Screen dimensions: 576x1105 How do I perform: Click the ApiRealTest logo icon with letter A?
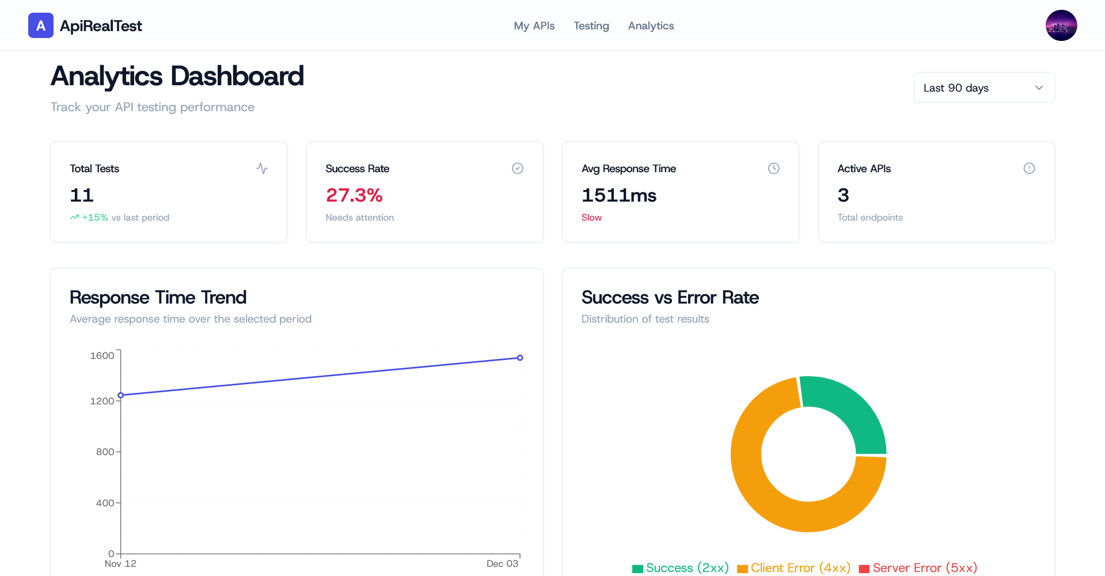[x=40, y=25]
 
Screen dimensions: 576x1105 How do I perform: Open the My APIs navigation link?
[x=534, y=26]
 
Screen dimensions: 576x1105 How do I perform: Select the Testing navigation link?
[x=591, y=26]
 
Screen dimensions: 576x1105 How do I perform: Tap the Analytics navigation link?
[x=651, y=26]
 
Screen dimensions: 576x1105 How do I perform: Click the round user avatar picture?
[x=1061, y=25]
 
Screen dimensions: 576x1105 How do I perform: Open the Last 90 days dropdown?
[x=984, y=88]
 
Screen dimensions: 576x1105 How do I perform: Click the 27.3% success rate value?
[x=354, y=195]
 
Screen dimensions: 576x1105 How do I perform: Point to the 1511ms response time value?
[x=618, y=195]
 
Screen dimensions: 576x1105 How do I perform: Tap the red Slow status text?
[x=591, y=217]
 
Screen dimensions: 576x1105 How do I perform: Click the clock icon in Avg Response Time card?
[x=773, y=168]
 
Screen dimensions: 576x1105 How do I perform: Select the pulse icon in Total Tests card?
[x=262, y=168]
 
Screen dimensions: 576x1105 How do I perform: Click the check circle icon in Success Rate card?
[x=517, y=168]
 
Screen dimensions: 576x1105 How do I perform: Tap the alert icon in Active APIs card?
[x=1028, y=168]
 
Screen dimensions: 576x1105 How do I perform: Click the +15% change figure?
[x=94, y=217]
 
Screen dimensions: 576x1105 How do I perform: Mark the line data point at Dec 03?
[x=519, y=358]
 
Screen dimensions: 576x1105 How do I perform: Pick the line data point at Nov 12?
[x=121, y=395]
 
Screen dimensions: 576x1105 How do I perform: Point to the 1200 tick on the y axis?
[x=102, y=401]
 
